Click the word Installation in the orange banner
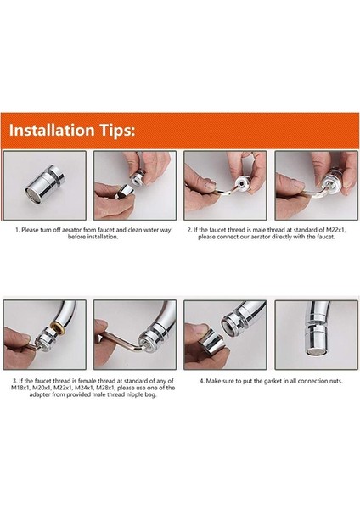point(52,130)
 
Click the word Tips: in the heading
point(116,131)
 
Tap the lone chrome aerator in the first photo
point(44,184)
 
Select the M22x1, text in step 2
point(335,230)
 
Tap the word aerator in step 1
point(70,230)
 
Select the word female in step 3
point(87,380)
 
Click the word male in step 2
point(259,230)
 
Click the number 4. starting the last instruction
point(202,381)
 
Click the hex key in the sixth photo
point(121,343)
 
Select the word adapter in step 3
point(40,395)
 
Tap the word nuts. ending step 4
point(335,381)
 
